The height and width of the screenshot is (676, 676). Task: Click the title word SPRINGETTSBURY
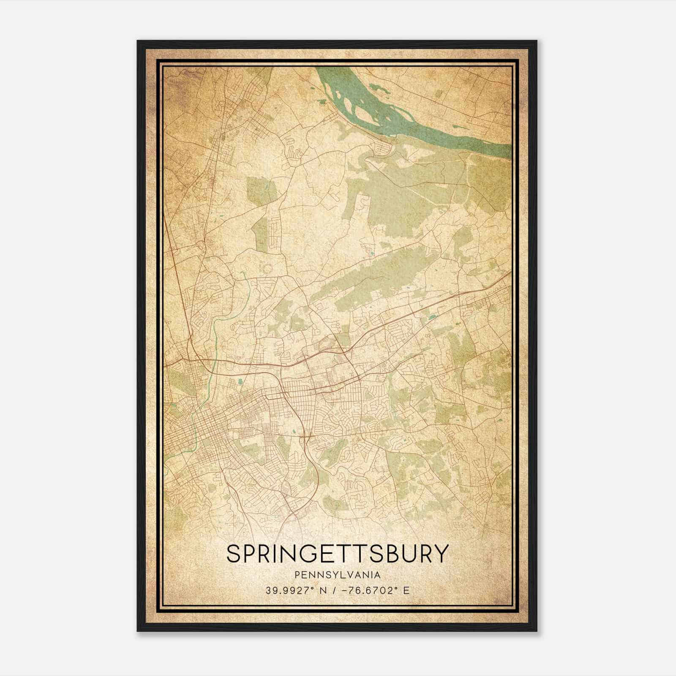tap(337, 553)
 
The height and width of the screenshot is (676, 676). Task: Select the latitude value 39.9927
tap(285, 591)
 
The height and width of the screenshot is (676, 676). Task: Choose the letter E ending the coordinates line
tap(406, 591)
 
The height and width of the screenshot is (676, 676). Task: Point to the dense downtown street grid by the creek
tap(211, 435)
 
